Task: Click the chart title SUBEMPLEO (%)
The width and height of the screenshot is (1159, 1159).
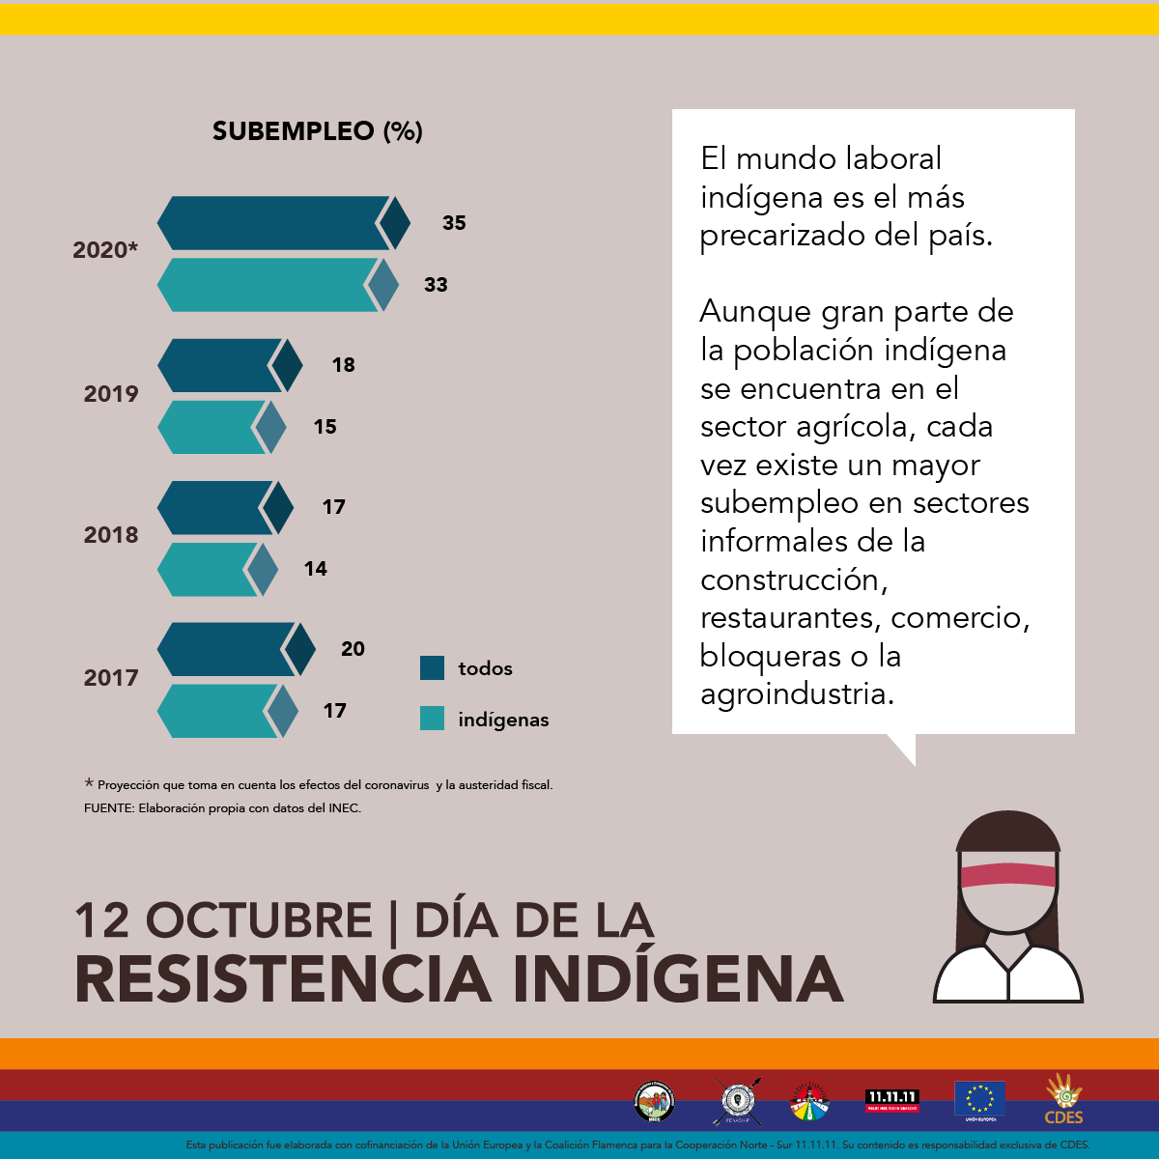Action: [317, 131]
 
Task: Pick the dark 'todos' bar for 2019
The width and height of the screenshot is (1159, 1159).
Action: [221, 365]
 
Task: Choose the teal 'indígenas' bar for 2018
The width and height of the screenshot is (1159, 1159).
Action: [208, 569]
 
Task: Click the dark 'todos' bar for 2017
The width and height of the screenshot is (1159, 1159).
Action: [226, 649]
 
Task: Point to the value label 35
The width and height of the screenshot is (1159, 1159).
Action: [454, 223]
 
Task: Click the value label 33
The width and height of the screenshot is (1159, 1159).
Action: [436, 285]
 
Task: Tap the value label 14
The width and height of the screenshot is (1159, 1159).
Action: [316, 569]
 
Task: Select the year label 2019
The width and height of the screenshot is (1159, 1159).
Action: [111, 394]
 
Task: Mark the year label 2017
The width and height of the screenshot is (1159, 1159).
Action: [111, 678]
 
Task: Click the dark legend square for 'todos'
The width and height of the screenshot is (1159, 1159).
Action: [433, 667]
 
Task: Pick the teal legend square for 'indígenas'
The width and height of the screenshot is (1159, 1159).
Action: [433, 718]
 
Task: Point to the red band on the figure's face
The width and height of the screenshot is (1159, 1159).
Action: [1008, 875]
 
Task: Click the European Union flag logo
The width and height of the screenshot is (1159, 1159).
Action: [979, 1099]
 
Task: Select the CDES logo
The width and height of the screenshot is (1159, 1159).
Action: [1063, 1099]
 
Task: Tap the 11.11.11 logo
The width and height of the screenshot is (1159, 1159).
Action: [891, 1099]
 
